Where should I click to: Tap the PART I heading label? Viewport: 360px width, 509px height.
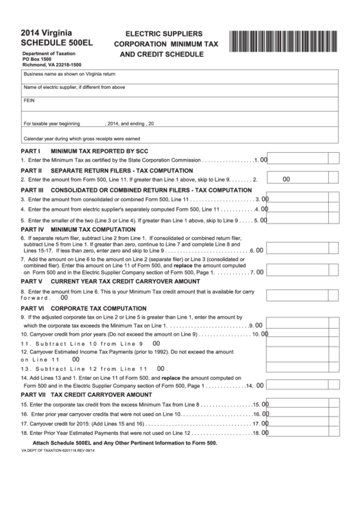(x=32, y=151)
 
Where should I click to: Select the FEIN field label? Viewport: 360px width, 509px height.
(x=29, y=100)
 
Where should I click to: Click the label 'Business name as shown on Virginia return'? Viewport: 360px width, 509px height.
(x=69, y=73)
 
